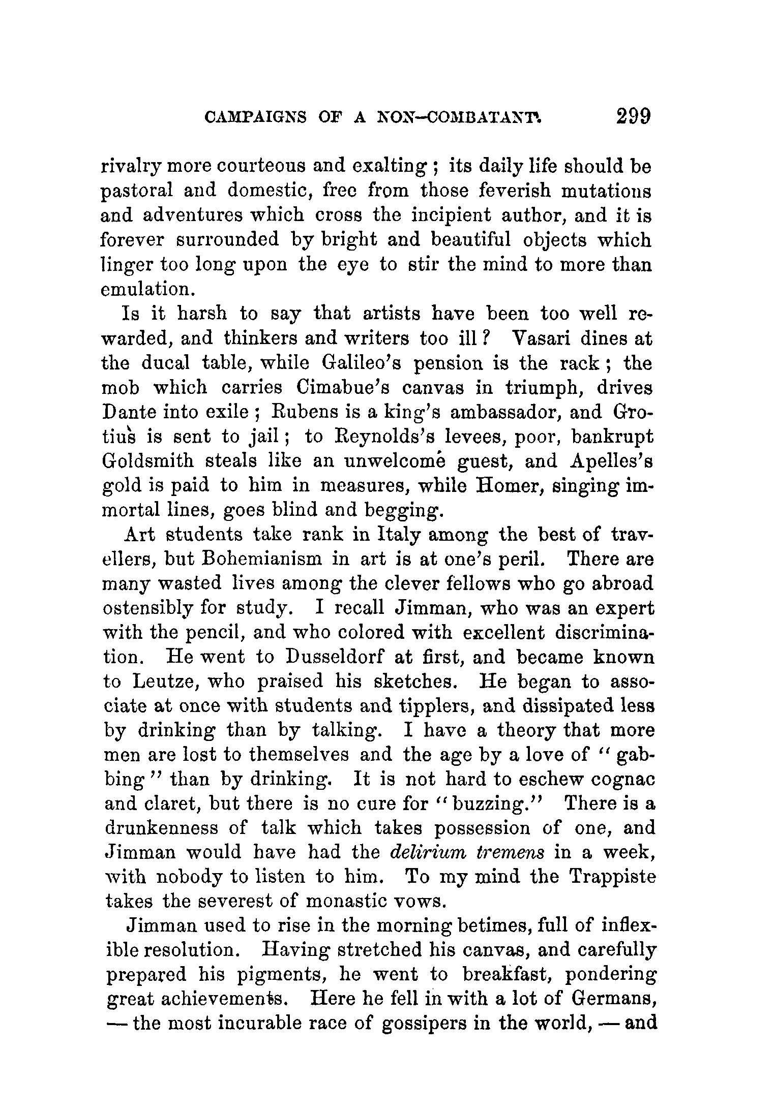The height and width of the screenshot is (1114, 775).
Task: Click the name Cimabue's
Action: [x=342, y=388]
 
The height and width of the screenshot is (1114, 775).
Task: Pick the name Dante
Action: [x=127, y=412]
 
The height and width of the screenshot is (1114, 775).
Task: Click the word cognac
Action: [x=617, y=780]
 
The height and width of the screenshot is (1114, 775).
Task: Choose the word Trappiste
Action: [x=612, y=877]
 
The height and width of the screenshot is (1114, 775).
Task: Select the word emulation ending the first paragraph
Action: [x=148, y=290]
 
